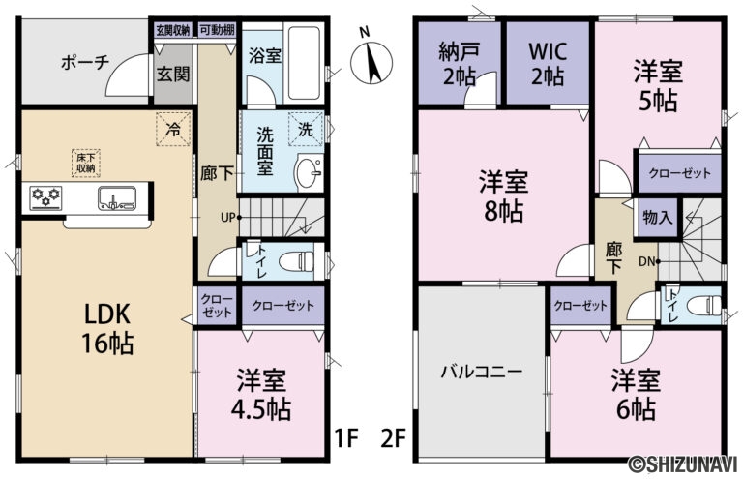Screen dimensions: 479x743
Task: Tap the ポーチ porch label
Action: (x=83, y=63)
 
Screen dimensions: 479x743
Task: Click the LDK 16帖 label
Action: (x=99, y=328)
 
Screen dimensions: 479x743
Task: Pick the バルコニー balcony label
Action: (x=481, y=372)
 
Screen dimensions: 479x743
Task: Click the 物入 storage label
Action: (x=657, y=218)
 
